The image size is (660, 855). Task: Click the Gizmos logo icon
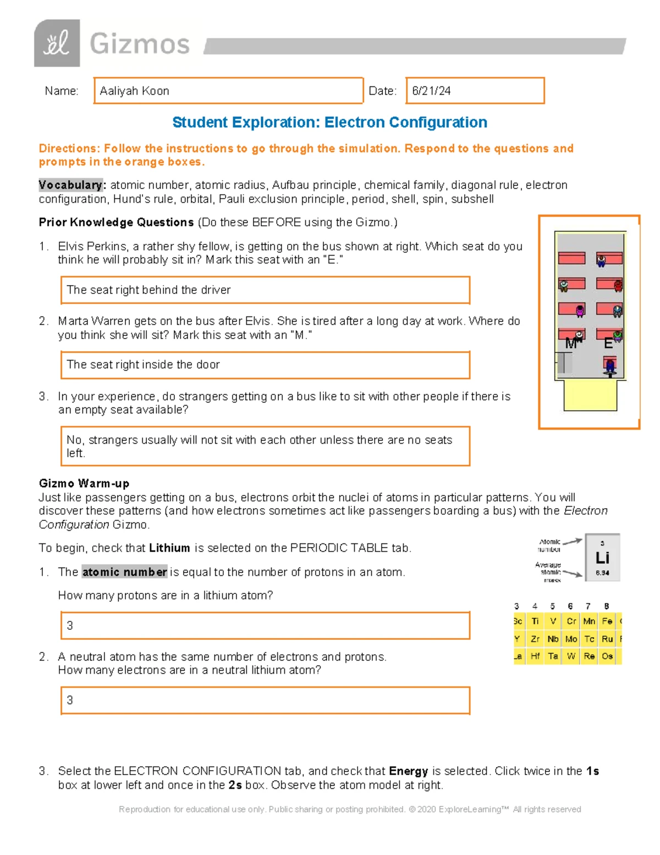tap(57, 43)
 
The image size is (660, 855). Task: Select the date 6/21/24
tap(431, 91)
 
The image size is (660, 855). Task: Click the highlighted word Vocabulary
tap(70, 185)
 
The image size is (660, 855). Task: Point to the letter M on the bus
tap(571, 344)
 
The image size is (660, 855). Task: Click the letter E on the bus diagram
tap(608, 344)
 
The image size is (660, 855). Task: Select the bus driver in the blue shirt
tap(609, 367)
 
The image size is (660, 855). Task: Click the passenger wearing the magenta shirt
tap(580, 311)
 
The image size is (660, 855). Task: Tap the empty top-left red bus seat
tap(571, 258)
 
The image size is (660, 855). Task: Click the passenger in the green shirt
tap(618, 335)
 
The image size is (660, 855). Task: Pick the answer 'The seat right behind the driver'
tap(148, 290)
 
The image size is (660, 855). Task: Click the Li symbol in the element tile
tap(602, 558)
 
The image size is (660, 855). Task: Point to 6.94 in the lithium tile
tap(602, 573)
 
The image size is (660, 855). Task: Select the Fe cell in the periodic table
tap(607, 621)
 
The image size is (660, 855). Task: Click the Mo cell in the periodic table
tap(571, 639)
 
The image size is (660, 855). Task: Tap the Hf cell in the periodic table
tap(535, 656)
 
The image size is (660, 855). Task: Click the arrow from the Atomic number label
tap(572, 542)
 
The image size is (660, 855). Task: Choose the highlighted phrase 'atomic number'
tap(124, 572)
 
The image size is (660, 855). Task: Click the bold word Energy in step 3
tap(408, 771)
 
